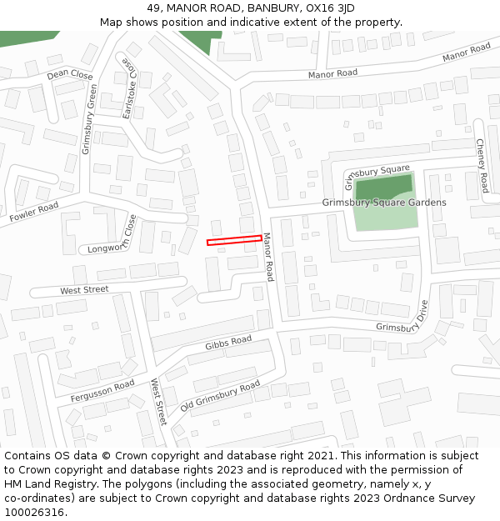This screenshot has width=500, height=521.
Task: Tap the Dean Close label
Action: (x=70, y=75)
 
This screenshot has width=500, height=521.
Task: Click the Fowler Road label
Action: (x=34, y=212)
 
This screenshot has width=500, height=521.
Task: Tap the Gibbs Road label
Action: (x=228, y=343)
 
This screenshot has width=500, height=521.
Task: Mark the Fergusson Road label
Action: (x=102, y=390)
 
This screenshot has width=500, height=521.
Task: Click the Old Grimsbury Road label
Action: (x=221, y=397)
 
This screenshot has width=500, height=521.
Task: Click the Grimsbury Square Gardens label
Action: (x=384, y=203)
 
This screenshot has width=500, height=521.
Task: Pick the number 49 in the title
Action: (x=152, y=8)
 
